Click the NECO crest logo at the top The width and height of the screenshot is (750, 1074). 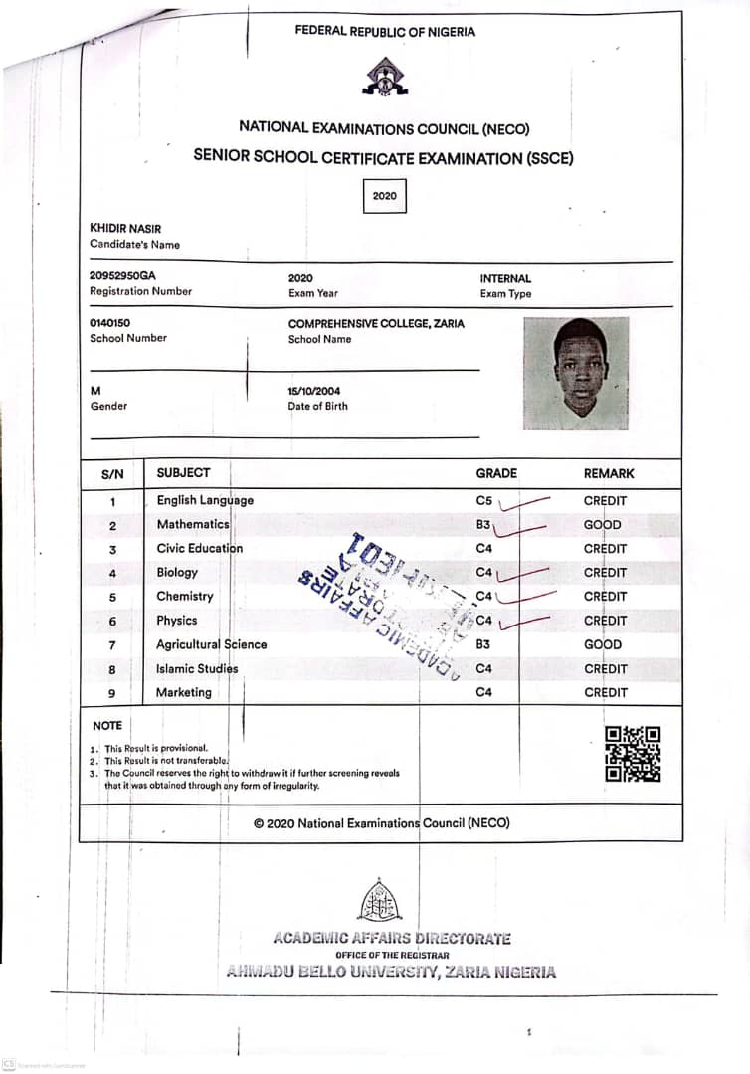pyautogui.click(x=384, y=77)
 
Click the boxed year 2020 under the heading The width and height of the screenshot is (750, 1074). pyautogui.click(x=384, y=196)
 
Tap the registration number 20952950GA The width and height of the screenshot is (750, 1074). pyautogui.click(x=122, y=276)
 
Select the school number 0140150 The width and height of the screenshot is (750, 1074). pyautogui.click(x=110, y=323)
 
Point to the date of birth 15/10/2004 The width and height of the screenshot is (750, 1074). pyautogui.click(x=314, y=391)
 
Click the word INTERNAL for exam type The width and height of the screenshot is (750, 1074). pyautogui.click(x=505, y=279)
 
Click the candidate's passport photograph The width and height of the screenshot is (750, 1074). pyautogui.click(x=576, y=373)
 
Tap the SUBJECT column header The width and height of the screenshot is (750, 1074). pyautogui.click(x=183, y=473)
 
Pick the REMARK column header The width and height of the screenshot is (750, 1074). pyautogui.click(x=609, y=473)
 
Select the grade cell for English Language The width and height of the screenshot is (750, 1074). pyautogui.click(x=484, y=501)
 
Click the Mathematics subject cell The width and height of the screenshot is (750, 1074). pyautogui.click(x=193, y=524)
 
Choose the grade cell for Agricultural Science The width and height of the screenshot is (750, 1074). pyautogui.click(x=483, y=644)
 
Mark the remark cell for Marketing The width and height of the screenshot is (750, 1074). pyautogui.click(x=606, y=692)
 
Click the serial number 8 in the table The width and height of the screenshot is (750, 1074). pyautogui.click(x=112, y=669)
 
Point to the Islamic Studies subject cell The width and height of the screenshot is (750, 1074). pyautogui.click(x=197, y=669)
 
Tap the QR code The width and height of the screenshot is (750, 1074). pyautogui.click(x=633, y=754)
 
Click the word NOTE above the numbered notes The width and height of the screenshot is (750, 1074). pyautogui.click(x=107, y=726)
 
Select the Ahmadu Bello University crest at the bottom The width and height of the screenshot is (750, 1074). pyautogui.click(x=380, y=900)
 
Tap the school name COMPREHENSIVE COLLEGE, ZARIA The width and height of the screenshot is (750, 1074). pyautogui.click(x=376, y=323)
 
